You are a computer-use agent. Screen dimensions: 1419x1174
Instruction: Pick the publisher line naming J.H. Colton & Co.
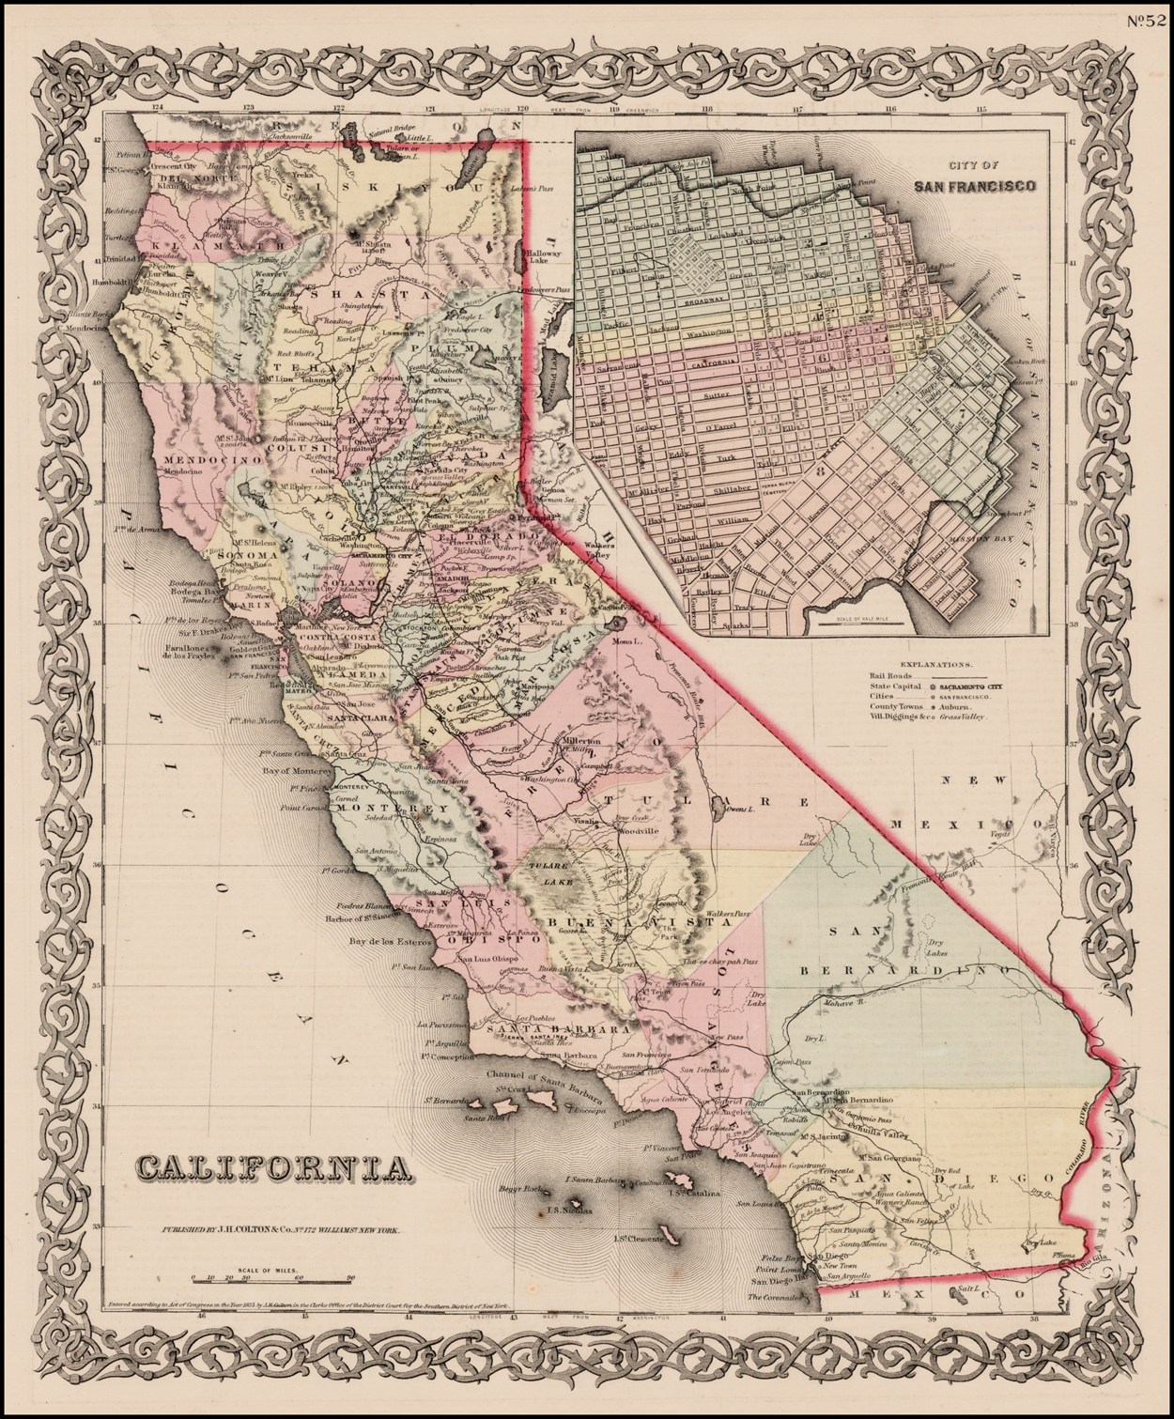pos(269,1229)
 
